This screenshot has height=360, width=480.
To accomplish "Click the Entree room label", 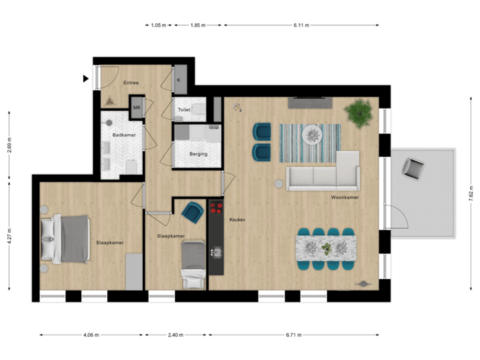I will pyautogui.click(x=131, y=83).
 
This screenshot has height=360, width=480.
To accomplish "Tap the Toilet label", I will pyautogui.click(x=185, y=109).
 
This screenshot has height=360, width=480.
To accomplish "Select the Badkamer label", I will pyautogui.click(x=123, y=135).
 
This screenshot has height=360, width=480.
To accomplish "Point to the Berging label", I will pyautogui.click(x=198, y=154).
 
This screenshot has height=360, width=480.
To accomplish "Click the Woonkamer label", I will pyautogui.click(x=345, y=198).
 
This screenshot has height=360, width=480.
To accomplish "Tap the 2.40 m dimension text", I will pyautogui.click(x=175, y=335).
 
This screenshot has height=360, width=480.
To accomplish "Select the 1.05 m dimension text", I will pyautogui.click(x=158, y=25).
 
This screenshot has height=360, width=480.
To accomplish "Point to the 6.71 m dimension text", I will pyautogui.click(x=294, y=335).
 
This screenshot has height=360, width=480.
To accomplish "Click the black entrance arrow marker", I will pyautogui.click(x=85, y=78).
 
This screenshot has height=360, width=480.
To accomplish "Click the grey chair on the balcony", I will pyautogui.click(x=414, y=168).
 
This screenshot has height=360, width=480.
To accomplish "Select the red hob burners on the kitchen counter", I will pyautogui.click(x=216, y=207).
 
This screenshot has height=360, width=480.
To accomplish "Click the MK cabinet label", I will pyautogui.click(x=137, y=107).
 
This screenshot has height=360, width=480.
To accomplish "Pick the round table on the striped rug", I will pyautogui.click(x=312, y=135).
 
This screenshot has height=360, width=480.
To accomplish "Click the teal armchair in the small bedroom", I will pyautogui.click(x=193, y=213).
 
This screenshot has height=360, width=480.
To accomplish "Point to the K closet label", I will pyautogui.click(x=179, y=80).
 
